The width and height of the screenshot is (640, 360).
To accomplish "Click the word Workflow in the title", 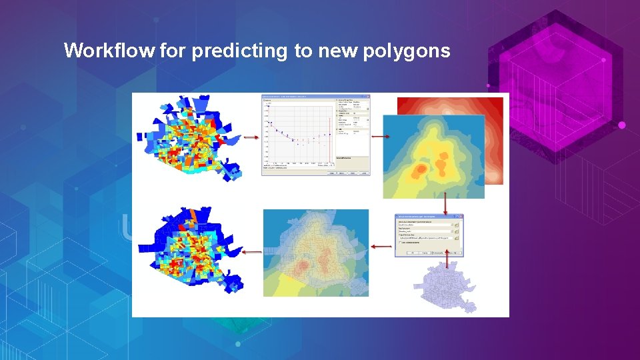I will click(x=110, y=51).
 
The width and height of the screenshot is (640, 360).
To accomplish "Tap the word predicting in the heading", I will click(x=241, y=51).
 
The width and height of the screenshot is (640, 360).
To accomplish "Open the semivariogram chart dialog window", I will click(x=315, y=135).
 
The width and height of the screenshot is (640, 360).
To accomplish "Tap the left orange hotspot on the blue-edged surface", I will click(x=420, y=171).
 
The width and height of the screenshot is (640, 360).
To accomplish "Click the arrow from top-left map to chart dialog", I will click(x=251, y=138).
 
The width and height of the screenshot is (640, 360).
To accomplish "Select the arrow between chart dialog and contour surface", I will click(x=381, y=136).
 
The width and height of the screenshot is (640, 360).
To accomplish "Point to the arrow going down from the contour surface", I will click(x=445, y=203).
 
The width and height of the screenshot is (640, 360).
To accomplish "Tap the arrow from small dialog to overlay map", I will click(x=381, y=247).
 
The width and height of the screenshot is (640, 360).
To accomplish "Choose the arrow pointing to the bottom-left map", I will click(x=251, y=252).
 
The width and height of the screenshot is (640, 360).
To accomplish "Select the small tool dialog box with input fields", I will click(x=429, y=235).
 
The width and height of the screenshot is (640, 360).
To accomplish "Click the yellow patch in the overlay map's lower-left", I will click(x=288, y=283).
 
